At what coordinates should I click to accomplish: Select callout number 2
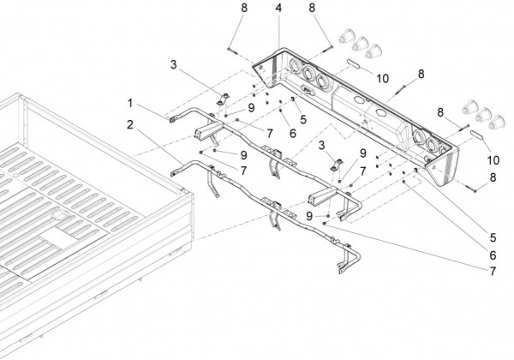129,125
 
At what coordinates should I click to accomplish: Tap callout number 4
278,9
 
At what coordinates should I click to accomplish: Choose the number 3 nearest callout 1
174,64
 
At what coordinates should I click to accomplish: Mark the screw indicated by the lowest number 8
471,187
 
